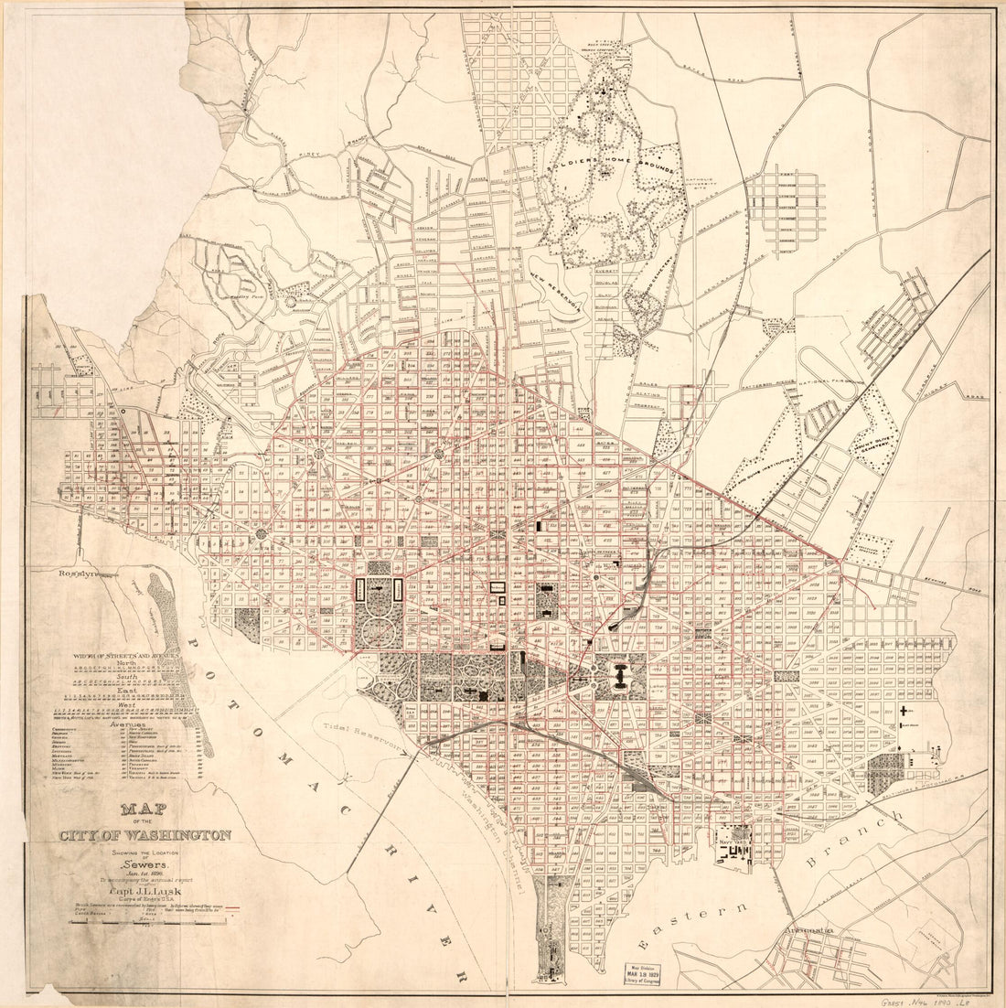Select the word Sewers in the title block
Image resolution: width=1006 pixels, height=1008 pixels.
(x=142, y=863)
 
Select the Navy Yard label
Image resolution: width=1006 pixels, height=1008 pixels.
(x=734, y=835)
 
